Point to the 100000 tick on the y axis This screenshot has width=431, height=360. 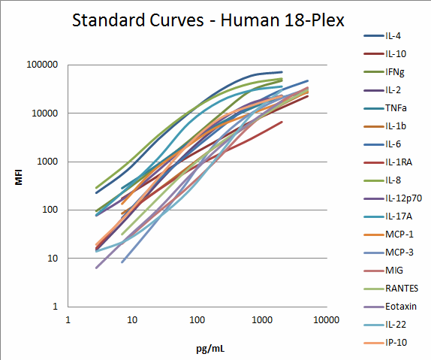point(42,65)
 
